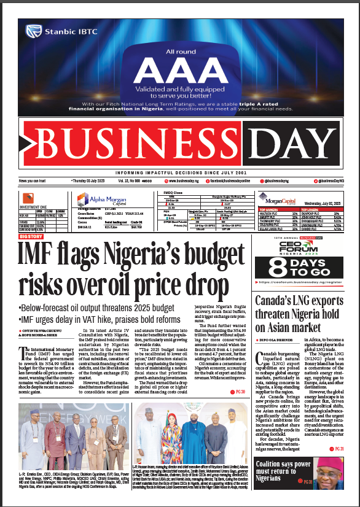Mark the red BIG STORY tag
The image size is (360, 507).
(x=31, y=236)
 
